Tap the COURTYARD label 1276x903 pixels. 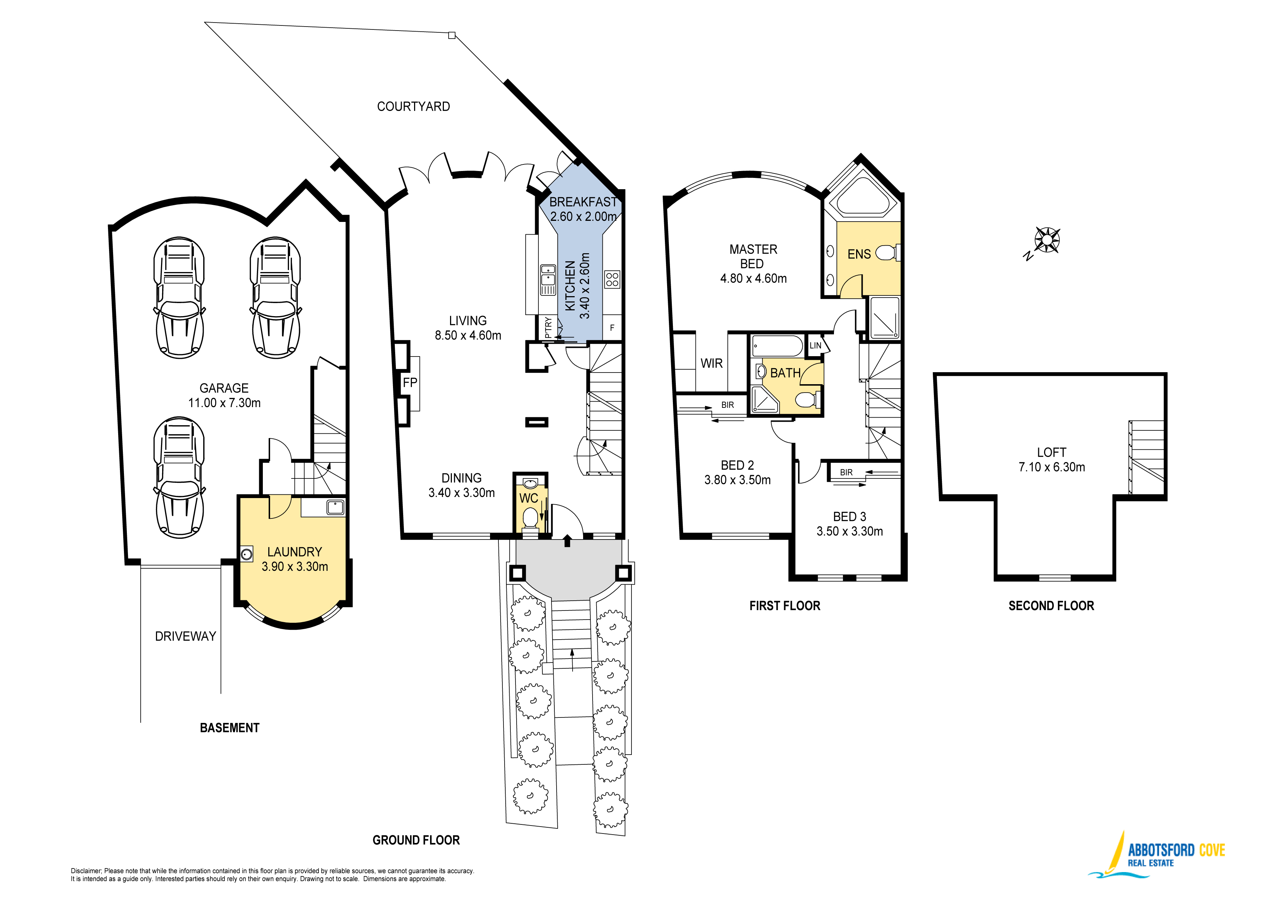pyautogui.click(x=413, y=107)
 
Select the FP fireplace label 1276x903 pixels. pyautogui.click(x=410, y=382)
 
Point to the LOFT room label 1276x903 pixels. pyautogui.click(x=1051, y=453)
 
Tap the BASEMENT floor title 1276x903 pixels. pyautogui.click(x=229, y=728)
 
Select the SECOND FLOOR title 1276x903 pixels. pyautogui.click(x=1051, y=606)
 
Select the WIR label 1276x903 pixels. pyautogui.click(x=711, y=364)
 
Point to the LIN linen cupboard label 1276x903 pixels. pyautogui.click(x=815, y=346)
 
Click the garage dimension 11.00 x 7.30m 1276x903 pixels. pyautogui.click(x=225, y=403)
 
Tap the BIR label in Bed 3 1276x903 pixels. pyautogui.click(x=846, y=473)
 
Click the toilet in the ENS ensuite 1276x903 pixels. pyautogui.click(x=887, y=253)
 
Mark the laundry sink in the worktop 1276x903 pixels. pyautogui.click(x=335, y=507)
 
